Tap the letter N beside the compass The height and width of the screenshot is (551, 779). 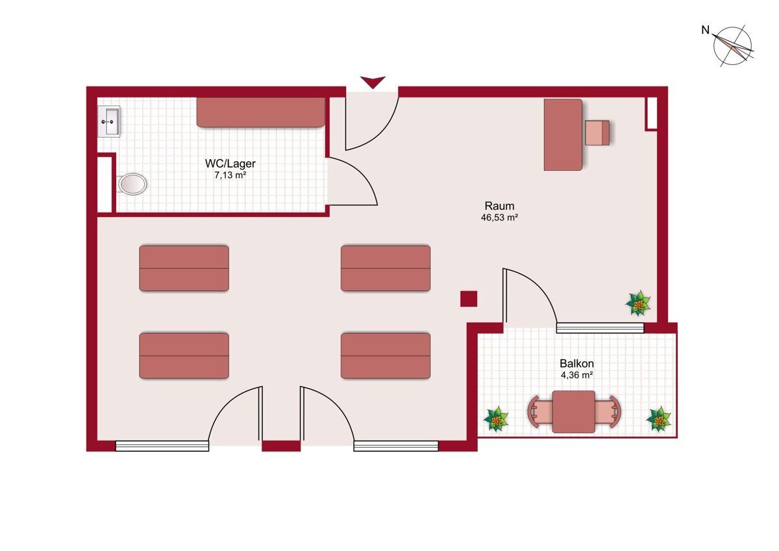pos(705,31)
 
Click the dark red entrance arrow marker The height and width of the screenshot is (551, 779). pos(373,82)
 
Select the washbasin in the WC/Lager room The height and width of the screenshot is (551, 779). pos(108,122)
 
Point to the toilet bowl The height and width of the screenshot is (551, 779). pos(132,184)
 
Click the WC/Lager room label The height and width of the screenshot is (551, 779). pos(230,163)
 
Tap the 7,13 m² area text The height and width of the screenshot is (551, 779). pos(230,175)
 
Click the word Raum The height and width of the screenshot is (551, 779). pos(499,206)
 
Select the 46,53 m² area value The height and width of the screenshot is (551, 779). pos(499,218)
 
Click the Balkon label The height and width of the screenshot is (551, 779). pos(576,363)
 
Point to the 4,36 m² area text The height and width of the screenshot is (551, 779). pos(576,375)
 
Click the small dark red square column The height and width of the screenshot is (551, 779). pos(469,299)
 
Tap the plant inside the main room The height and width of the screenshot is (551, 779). pos(638,303)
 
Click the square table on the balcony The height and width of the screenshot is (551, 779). pos(573,412)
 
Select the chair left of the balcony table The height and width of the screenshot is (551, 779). pos(540,412)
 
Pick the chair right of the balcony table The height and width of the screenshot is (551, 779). pos(608,412)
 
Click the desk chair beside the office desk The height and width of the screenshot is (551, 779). pos(597,133)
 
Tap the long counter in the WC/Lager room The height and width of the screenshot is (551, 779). pos(261,112)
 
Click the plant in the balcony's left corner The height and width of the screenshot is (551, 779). pos(496,419)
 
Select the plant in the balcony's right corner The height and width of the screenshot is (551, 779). pos(658,419)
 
